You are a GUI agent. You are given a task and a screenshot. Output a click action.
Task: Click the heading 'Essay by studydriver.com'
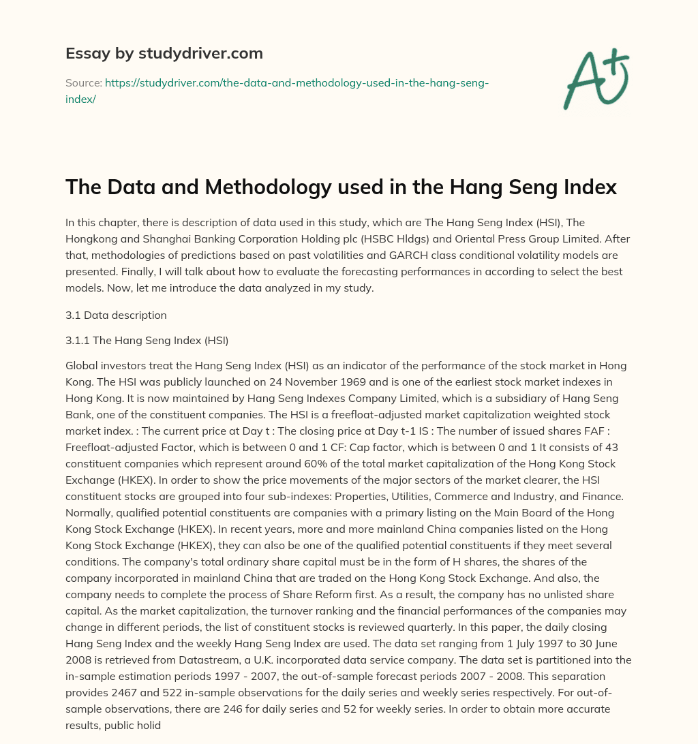(x=164, y=53)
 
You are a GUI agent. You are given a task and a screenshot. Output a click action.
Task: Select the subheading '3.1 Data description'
(x=116, y=315)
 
